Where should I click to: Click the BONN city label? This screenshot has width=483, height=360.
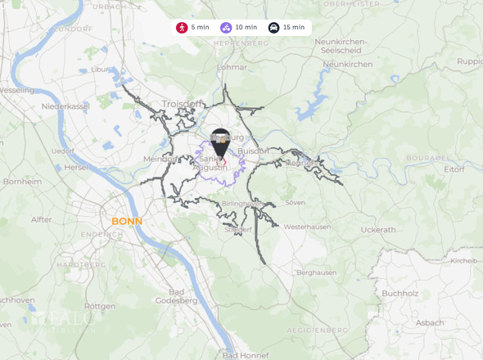127,222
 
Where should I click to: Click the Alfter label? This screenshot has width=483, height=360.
41,219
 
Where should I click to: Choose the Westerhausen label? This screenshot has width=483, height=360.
306,226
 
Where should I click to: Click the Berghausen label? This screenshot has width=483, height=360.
316,272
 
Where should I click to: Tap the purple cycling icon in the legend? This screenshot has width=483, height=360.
225,27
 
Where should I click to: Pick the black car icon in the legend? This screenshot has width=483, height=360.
273,27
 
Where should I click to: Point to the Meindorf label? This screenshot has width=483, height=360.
159,159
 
